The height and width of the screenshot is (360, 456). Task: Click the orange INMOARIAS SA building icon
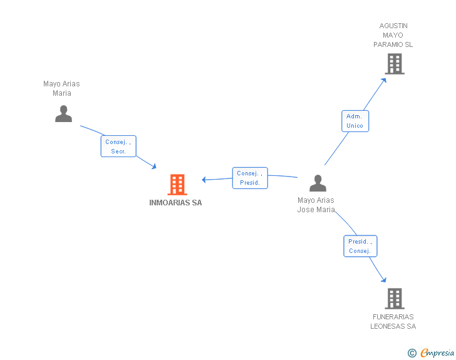point(177,184)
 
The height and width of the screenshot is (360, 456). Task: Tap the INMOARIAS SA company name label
point(175,203)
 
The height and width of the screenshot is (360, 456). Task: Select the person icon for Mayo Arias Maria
point(63,114)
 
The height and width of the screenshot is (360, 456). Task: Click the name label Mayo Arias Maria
point(61,88)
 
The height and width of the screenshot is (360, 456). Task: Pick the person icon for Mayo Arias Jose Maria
point(318,183)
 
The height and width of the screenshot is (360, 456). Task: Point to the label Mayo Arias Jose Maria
point(316,205)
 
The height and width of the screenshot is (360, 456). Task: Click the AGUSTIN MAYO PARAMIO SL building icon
point(395,64)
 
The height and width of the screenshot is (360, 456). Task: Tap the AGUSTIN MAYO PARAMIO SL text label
point(393,35)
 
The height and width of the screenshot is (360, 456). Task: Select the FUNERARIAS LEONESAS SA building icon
point(395,299)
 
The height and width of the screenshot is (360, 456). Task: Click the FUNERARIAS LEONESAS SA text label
point(393,321)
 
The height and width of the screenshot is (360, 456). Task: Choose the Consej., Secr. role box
point(118,147)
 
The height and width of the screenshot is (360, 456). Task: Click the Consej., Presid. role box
point(250,178)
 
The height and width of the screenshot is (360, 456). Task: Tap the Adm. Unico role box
point(355,121)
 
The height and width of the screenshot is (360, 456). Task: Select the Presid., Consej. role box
point(360,246)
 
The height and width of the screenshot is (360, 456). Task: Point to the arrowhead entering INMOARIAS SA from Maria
point(154,167)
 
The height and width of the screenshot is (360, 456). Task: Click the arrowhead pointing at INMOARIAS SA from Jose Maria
point(204,180)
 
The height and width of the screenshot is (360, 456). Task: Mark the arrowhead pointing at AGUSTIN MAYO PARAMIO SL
point(384,80)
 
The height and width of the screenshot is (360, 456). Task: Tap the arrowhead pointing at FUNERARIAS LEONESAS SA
point(384,280)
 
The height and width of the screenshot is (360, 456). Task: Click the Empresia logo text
point(437,352)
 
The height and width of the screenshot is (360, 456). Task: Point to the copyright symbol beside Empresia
point(412,353)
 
